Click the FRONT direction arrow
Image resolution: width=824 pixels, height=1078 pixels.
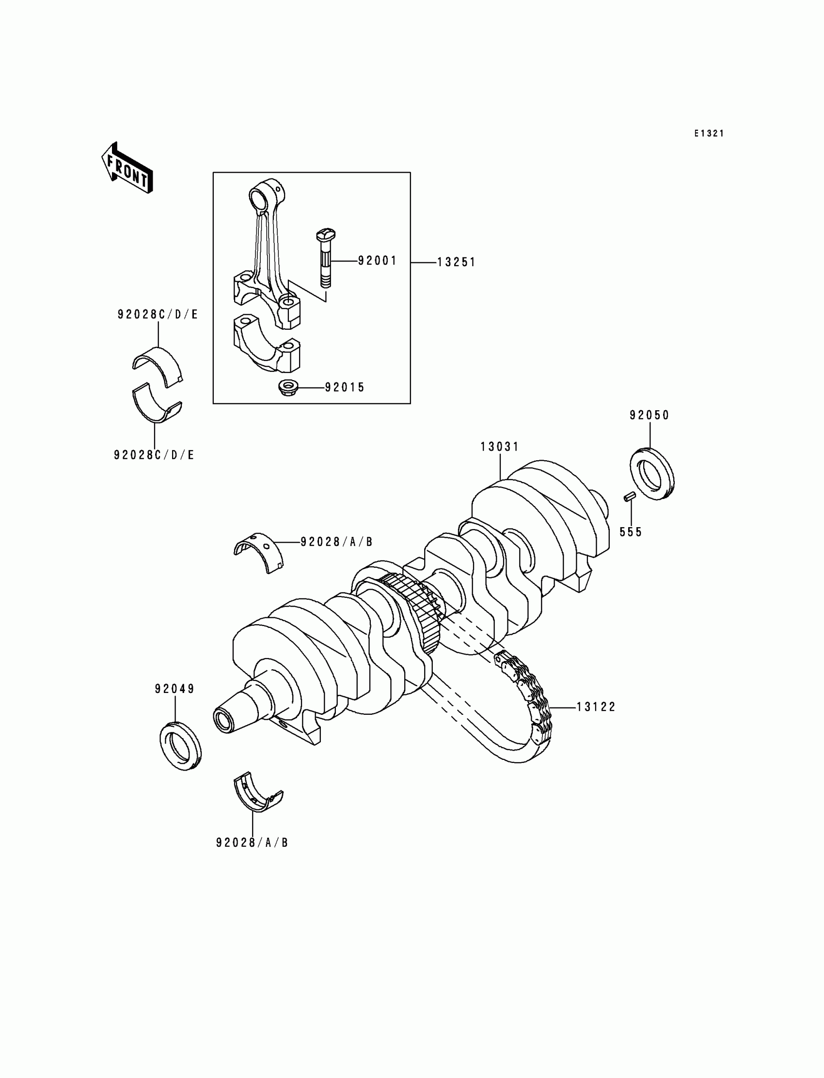[x=127, y=168]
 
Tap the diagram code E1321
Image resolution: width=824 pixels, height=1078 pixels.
[x=709, y=133]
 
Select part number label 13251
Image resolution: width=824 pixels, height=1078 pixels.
[x=456, y=262]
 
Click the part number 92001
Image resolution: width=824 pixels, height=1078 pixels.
[x=377, y=260]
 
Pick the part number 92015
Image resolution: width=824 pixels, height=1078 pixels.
[x=345, y=387]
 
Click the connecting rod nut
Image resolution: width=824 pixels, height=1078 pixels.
[x=285, y=387]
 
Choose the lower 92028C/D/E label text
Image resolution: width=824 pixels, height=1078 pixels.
[x=155, y=455]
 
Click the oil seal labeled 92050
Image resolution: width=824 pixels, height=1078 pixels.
[x=652, y=473]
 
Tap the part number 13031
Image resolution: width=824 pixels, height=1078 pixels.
[x=499, y=447]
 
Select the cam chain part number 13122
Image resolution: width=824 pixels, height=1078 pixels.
[x=595, y=707]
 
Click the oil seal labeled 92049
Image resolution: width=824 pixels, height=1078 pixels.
[x=180, y=746]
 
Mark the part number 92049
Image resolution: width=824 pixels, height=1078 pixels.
[x=174, y=690]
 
